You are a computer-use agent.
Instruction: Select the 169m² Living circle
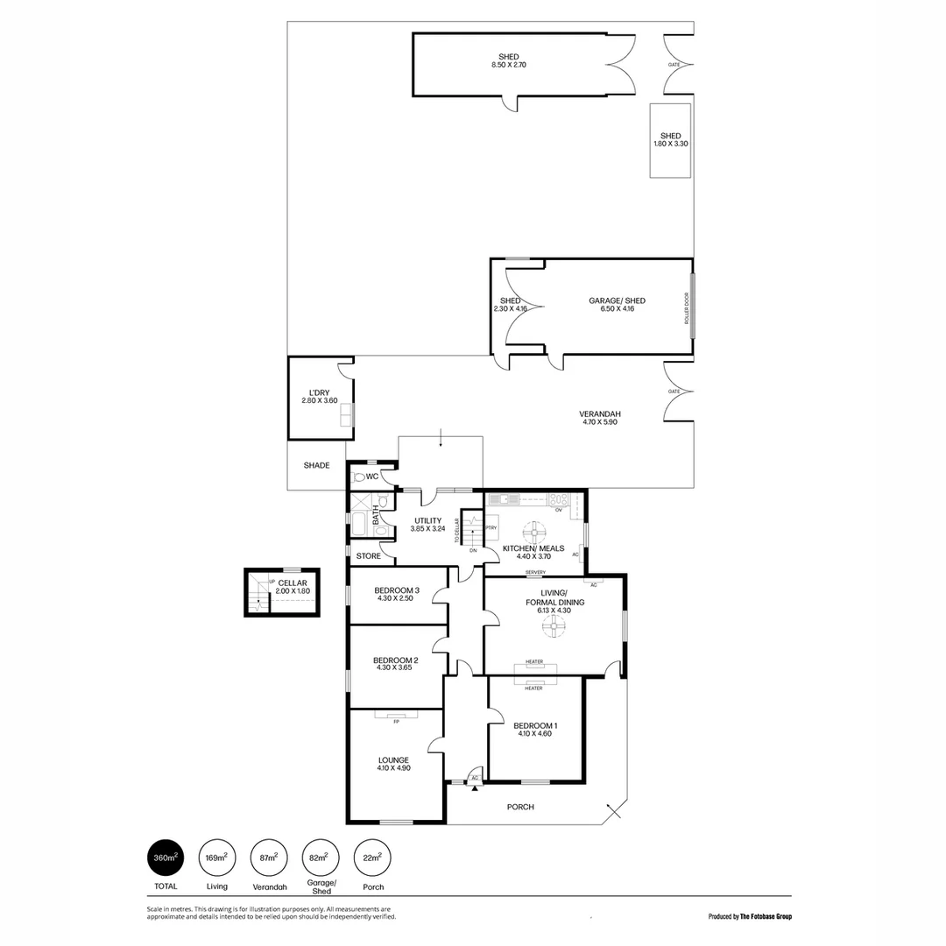216,858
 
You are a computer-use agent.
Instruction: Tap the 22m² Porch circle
372,858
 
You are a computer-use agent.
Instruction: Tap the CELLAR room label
293,586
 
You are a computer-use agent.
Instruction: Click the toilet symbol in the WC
357,478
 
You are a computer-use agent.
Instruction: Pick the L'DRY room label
319,396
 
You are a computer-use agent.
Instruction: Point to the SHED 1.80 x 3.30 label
670,139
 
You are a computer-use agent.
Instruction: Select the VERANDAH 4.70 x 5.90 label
600,418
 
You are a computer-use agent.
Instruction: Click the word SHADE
316,465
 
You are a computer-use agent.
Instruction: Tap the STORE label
368,555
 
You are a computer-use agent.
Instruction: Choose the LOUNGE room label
393,764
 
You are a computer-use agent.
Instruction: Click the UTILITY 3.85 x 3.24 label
428,525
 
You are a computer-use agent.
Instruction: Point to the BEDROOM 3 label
396,594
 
